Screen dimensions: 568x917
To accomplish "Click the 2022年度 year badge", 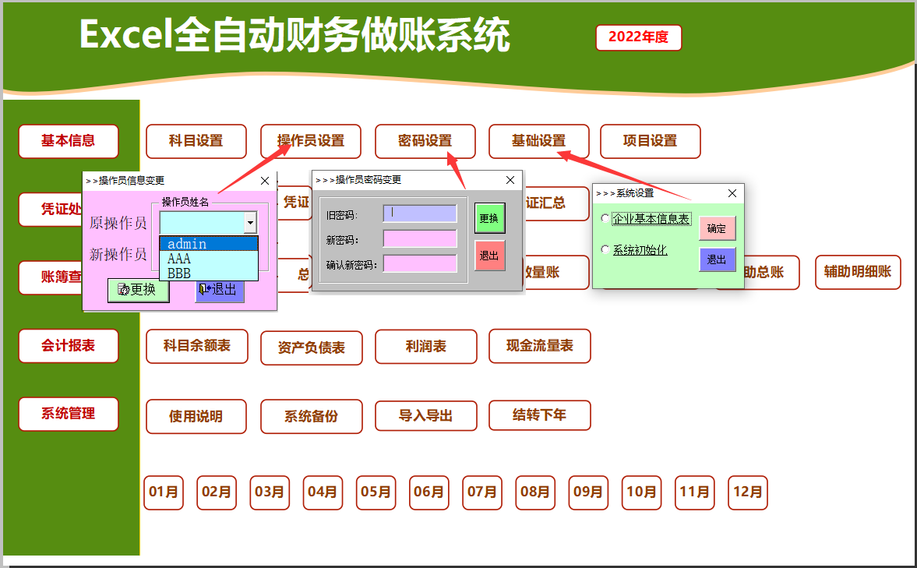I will point(638,37).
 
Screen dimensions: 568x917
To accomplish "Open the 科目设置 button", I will point(196,141).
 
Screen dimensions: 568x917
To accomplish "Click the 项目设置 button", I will point(650,141).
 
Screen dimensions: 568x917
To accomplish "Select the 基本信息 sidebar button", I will point(69,141).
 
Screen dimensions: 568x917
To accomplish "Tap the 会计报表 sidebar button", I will point(69,346).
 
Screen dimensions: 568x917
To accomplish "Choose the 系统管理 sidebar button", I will point(69,414).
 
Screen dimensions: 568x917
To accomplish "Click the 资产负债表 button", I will point(311,348).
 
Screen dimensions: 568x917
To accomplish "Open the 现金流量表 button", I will point(539,346).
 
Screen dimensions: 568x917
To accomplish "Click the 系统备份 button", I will point(311,416).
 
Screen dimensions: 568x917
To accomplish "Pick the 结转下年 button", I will point(539,415).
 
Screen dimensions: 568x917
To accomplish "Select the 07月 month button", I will point(481,492).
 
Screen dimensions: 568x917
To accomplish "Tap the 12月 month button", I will point(747,492).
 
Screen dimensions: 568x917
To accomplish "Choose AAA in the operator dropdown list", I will point(179,259).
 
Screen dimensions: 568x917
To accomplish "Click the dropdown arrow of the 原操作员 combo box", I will point(250,223).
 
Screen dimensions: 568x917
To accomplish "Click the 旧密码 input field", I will point(419,213).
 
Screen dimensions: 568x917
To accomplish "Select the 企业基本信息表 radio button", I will point(605,219).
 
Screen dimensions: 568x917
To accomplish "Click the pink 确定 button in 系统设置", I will point(716,228).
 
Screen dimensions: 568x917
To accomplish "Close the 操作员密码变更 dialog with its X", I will point(510,180).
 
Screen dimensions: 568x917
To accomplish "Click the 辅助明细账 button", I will point(858,273).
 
